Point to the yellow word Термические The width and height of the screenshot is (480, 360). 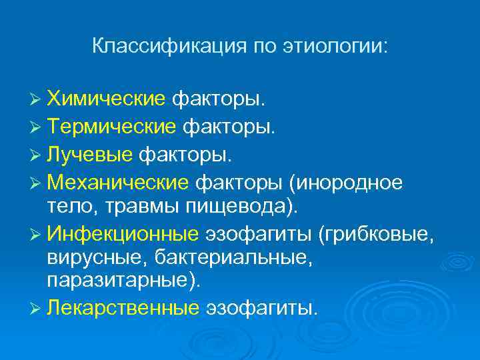point(112,127)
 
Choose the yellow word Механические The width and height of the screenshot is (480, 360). point(120,182)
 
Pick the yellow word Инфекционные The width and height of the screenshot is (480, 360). point(123,235)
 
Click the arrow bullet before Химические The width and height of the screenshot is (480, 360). point(38,100)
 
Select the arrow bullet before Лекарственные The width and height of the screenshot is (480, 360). point(38,308)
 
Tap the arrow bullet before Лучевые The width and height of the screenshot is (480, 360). point(38,155)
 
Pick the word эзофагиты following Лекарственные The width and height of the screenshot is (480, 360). point(262,307)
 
